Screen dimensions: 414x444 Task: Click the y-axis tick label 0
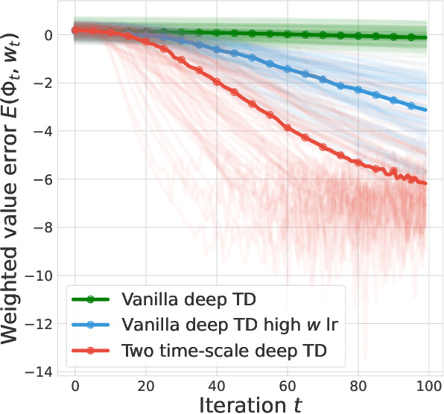(x=46, y=35)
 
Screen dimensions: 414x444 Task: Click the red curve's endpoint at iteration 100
(x=425, y=183)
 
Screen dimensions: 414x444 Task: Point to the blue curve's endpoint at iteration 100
(x=425, y=109)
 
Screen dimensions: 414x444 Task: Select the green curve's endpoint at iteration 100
(x=425, y=37)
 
